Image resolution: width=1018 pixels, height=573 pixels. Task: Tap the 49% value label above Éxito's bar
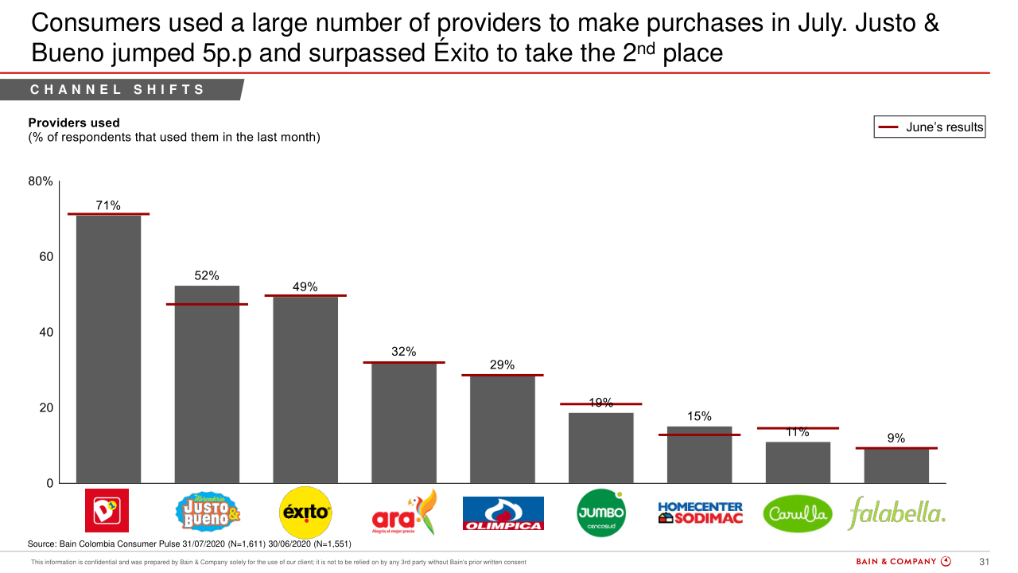pyautogui.click(x=305, y=286)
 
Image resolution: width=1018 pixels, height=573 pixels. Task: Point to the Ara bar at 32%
pyautogui.click(x=404, y=423)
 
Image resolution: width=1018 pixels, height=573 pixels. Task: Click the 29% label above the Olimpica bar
pyautogui.click(x=503, y=365)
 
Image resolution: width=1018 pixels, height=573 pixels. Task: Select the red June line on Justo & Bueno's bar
pyautogui.click(x=207, y=304)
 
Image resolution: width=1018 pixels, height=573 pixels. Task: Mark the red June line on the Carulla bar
pyautogui.click(x=798, y=428)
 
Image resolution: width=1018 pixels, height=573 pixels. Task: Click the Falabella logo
pyautogui.click(x=897, y=513)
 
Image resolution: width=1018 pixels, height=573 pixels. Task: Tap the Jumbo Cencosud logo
pyautogui.click(x=601, y=514)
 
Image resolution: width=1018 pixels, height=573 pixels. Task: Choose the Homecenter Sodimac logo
pyautogui.click(x=700, y=513)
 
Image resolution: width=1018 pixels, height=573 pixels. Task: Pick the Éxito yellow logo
pyautogui.click(x=305, y=513)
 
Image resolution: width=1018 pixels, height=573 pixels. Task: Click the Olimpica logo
pyautogui.click(x=503, y=514)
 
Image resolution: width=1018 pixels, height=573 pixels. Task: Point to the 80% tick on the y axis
pyautogui.click(x=41, y=181)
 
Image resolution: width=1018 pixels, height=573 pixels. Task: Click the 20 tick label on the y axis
pyautogui.click(x=45, y=407)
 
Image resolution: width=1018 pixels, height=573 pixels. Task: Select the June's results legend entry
pyautogui.click(x=930, y=127)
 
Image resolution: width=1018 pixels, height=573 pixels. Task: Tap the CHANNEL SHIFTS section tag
pyautogui.click(x=118, y=90)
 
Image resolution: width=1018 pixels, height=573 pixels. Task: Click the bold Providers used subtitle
pyautogui.click(x=74, y=123)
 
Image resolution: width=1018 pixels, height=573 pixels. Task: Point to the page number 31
pyautogui.click(x=983, y=562)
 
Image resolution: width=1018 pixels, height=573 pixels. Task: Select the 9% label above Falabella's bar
pyautogui.click(x=896, y=438)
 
